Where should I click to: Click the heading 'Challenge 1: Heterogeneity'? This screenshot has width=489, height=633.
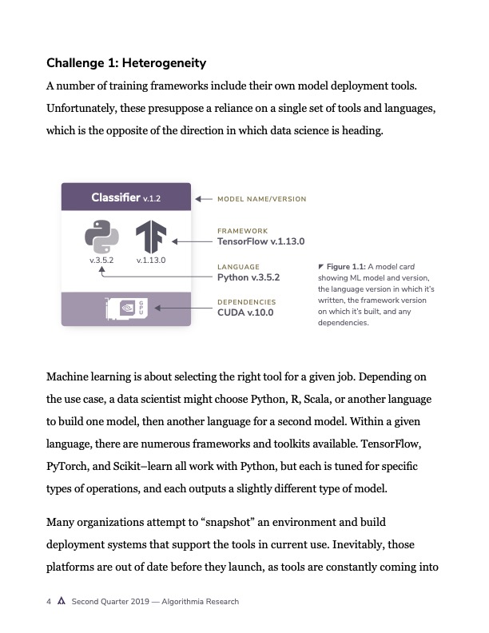[126, 62]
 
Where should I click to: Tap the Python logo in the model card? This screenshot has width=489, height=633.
[101, 237]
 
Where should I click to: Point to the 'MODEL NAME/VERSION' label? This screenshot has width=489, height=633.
[261, 199]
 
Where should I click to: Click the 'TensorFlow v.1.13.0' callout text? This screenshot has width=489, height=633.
[261, 241]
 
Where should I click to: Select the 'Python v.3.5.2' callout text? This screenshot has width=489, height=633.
[249, 277]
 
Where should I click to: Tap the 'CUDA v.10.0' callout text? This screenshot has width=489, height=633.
[245, 313]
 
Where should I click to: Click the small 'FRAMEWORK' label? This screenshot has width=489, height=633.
[237, 231]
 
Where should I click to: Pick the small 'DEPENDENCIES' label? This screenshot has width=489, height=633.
[246, 302]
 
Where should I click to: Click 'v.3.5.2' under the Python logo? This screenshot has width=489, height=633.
[102, 260]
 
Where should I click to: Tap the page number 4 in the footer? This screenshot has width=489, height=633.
[49, 602]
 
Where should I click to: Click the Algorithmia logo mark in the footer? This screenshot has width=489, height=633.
[62, 602]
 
